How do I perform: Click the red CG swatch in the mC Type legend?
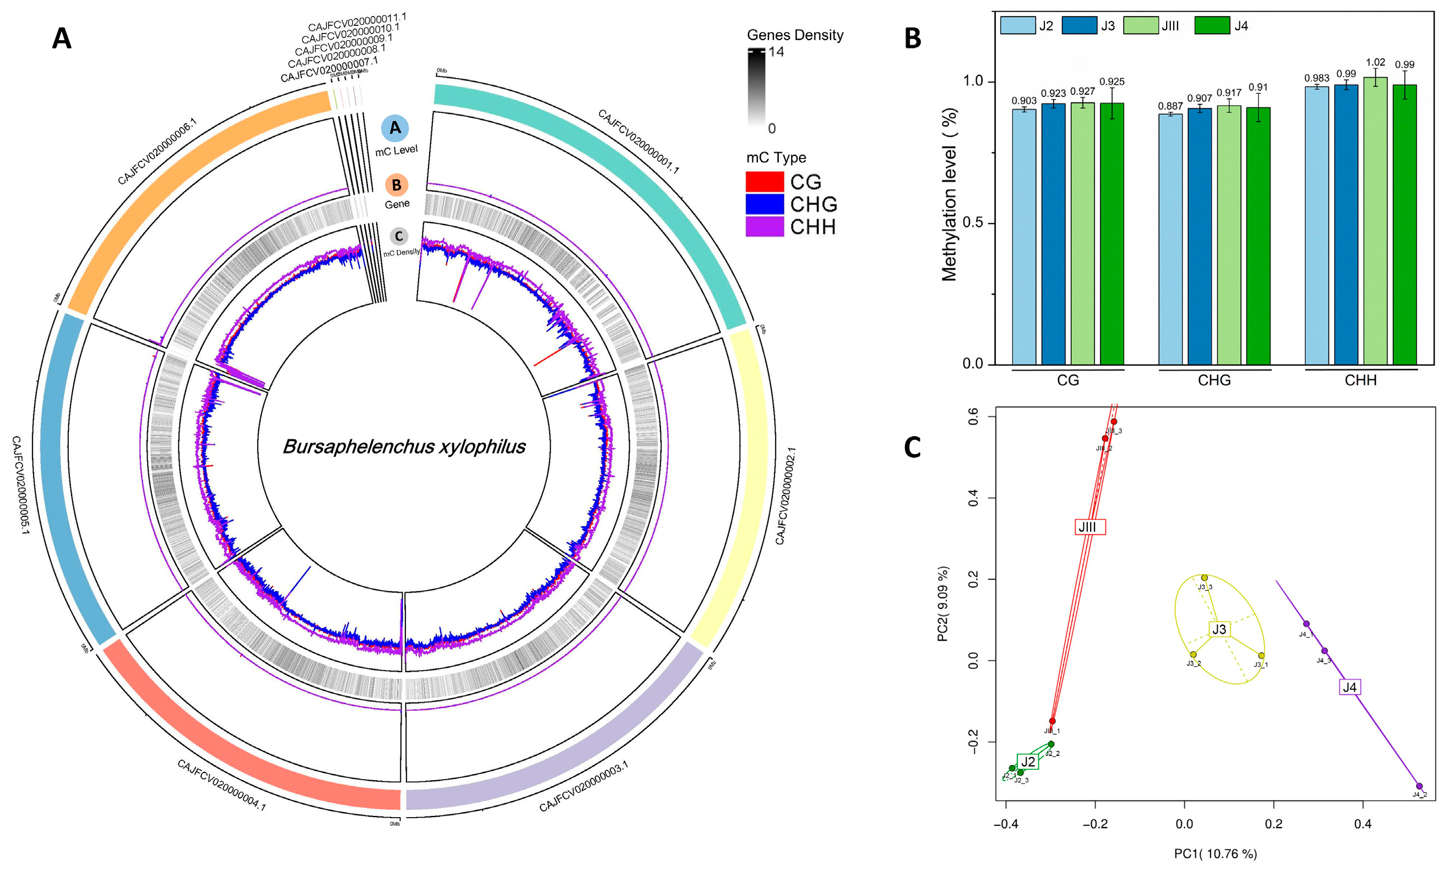tap(764, 181)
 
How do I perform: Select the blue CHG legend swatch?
tap(764, 204)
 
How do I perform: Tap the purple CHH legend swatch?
tap(764, 226)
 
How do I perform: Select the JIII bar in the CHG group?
tap(1228, 235)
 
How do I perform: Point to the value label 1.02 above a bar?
tap(1375, 62)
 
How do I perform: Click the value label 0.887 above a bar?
tap(1169, 106)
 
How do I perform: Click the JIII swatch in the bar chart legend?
tap(1141, 25)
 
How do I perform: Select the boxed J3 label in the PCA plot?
tap(1219, 630)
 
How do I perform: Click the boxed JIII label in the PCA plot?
tap(1089, 527)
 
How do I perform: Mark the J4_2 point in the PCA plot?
tap(1419, 786)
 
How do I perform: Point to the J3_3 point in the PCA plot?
tap(1204, 578)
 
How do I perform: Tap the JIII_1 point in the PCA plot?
tap(1052, 721)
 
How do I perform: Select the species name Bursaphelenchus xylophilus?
tap(404, 447)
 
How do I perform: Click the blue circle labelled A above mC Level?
tap(395, 128)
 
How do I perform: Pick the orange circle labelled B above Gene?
tap(396, 185)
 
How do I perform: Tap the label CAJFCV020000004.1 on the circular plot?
tap(221, 785)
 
